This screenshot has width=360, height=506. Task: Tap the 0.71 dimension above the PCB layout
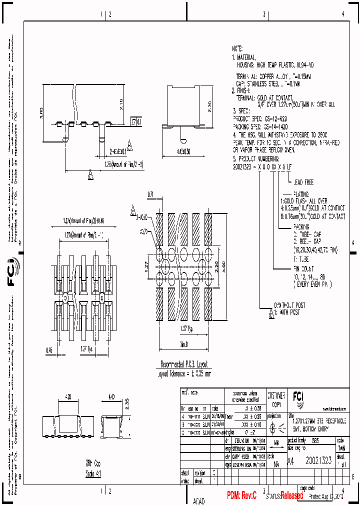[150, 193]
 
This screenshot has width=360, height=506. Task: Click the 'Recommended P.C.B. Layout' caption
[183, 364]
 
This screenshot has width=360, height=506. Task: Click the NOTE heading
[237, 49]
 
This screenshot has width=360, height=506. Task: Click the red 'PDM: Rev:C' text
[241, 495]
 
